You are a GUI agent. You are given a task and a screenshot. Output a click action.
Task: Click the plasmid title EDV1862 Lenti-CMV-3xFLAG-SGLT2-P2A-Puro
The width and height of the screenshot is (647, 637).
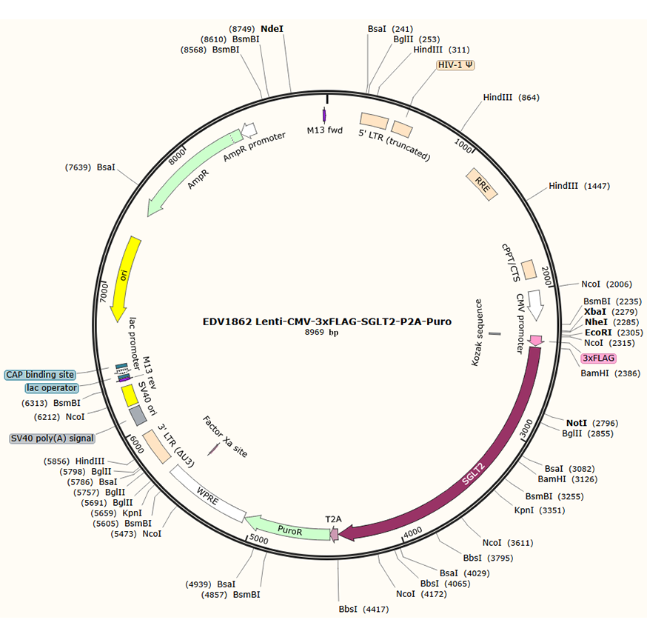(x=326, y=322)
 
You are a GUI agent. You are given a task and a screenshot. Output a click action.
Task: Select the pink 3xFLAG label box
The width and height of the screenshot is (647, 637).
(x=598, y=358)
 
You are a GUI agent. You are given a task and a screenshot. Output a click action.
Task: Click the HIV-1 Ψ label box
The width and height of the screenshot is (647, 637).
(x=456, y=65)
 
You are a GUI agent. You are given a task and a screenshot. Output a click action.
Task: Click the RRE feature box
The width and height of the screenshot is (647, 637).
(x=482, y=183)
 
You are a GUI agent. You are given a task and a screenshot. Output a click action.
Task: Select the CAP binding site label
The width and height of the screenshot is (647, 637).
(x=40, y=375)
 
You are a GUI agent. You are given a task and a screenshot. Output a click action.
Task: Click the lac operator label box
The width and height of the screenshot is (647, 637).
(x=51, y=387)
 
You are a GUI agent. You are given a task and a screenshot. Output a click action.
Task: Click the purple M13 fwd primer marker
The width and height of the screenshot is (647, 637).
(x=324, y=115)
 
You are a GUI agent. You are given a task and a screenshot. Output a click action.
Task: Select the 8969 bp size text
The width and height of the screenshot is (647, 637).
(x=326, y=334)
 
